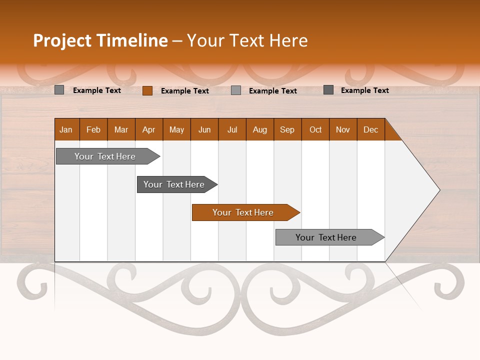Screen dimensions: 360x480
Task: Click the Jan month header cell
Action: (x=66, y=129)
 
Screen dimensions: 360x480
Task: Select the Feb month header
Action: (x=93, y=129)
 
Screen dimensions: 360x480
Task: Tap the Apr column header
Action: (x=149, y=129)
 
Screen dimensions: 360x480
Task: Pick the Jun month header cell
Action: (x=204, y=129)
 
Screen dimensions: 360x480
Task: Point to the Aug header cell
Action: (x=260, y=129)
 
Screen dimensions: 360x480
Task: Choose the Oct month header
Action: (x=315, y=129)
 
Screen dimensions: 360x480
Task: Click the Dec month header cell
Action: (x=371, y=129)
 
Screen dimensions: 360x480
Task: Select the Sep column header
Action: (x=287, y=129)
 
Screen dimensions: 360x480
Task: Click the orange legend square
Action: (x=147, y=90)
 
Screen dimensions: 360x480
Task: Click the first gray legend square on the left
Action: (x=59, y=90)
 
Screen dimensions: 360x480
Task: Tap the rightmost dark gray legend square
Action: (x=328, y=90)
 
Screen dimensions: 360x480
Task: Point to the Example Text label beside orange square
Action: (x=185, y=91)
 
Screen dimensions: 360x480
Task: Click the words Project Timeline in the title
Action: (x=100, y=40)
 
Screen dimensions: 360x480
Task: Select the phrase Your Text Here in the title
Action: (x=247, y=40)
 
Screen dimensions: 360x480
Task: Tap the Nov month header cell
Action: (x=343, y=129)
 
